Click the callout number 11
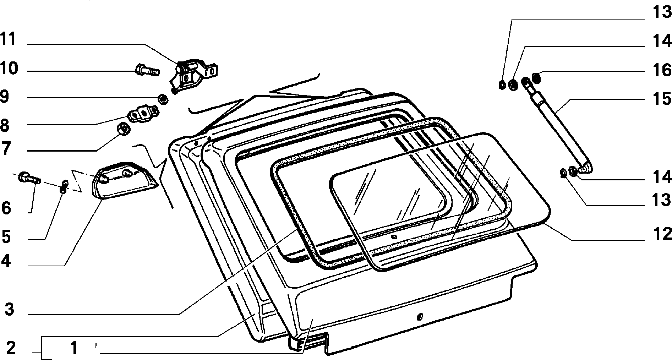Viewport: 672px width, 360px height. [8, 39]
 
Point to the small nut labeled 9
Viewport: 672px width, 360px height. [163, 99]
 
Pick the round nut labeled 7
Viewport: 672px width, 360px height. [123, 129]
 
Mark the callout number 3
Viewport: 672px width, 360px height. [9, 309]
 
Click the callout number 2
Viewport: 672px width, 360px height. [11, 348]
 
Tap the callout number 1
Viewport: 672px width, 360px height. [74, 348]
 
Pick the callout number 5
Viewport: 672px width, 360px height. [6, 237]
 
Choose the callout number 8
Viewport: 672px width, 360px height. [5, 125]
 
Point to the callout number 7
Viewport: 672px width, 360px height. [5, 149]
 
